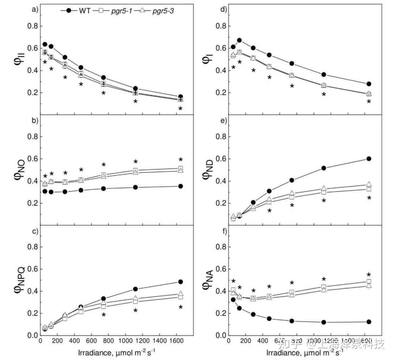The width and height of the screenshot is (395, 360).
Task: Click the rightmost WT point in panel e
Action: click(x=369, y=159)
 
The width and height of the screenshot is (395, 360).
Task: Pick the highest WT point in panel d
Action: click(x=240, y=41)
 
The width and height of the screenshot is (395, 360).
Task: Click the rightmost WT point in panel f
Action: click(x=369, y=322)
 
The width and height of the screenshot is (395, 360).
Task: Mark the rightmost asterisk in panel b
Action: click(x=180, y=160)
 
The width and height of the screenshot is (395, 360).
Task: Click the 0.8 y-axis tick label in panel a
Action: click(x=33, y=26)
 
